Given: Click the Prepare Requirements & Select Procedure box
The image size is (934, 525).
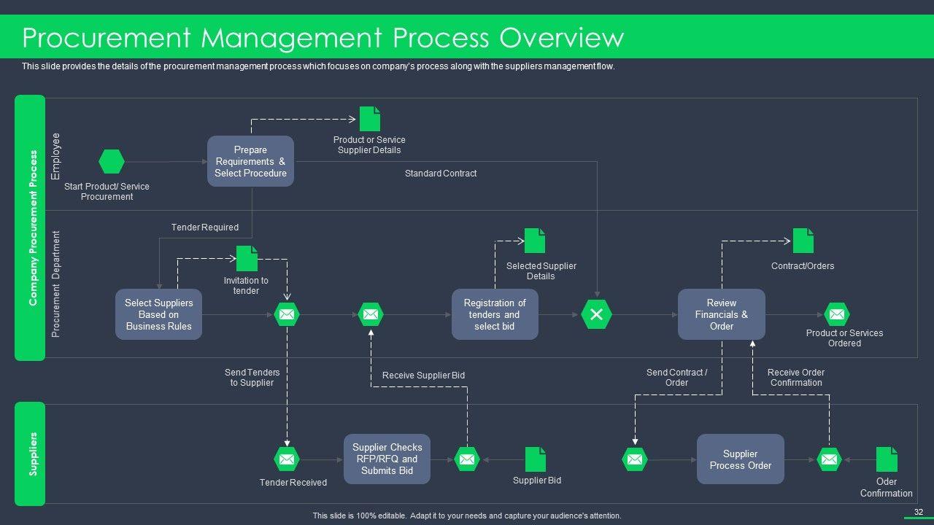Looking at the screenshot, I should [250, 161].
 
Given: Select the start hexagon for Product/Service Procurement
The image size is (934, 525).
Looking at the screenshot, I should [112, 161].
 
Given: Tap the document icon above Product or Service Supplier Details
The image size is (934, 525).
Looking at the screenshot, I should [370, 119].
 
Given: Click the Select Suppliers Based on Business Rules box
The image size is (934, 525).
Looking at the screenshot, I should [158, 314].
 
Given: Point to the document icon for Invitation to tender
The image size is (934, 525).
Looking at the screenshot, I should [247, 258].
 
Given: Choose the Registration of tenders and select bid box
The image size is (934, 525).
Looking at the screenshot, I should [495, 314].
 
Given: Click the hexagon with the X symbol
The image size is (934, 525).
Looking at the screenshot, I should [596, 314].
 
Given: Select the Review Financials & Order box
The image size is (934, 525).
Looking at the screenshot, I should [722, 314].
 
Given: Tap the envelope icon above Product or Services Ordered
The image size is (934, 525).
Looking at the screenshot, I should [837, 314].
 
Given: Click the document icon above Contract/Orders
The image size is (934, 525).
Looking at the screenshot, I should [803, 241].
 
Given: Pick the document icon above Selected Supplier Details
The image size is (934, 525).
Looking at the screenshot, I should [535, 241].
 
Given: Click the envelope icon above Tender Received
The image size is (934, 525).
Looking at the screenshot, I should [287, 459].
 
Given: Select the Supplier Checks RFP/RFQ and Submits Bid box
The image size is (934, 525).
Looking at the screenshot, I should [387, 459].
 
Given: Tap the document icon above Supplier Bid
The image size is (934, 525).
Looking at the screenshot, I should [536, 459].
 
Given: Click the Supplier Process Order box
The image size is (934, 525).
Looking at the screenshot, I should [740, 459].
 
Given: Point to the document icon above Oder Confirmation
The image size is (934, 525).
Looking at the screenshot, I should [887, 459].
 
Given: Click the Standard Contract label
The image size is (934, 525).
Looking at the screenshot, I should [441, 174].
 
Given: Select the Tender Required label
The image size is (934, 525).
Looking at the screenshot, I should [205, 227].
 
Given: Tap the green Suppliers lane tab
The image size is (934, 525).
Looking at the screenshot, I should [30, 454].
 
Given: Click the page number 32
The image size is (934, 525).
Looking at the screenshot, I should [919, 512].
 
